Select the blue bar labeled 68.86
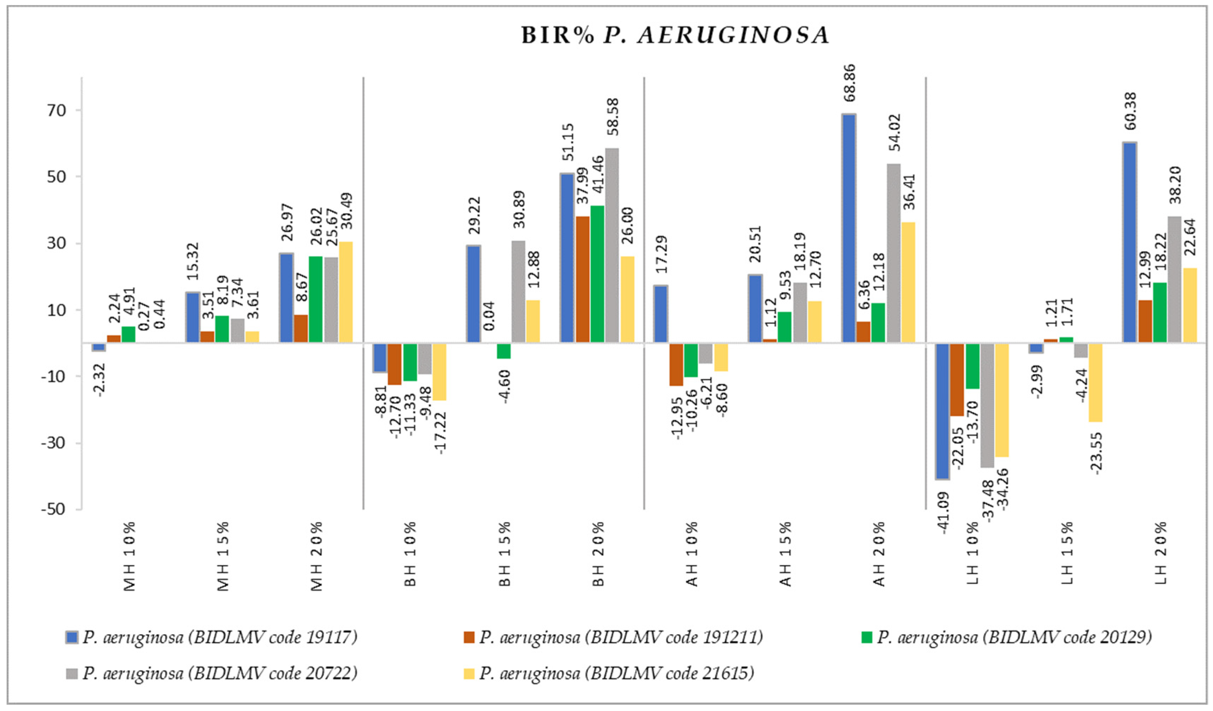point(849,228)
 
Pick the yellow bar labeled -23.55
point(1095,382)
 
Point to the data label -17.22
point(440,433)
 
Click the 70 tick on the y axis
point(56,110)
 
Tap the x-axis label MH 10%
point(129,556)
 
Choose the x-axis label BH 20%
point(598,554)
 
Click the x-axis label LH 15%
point(1067,553)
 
